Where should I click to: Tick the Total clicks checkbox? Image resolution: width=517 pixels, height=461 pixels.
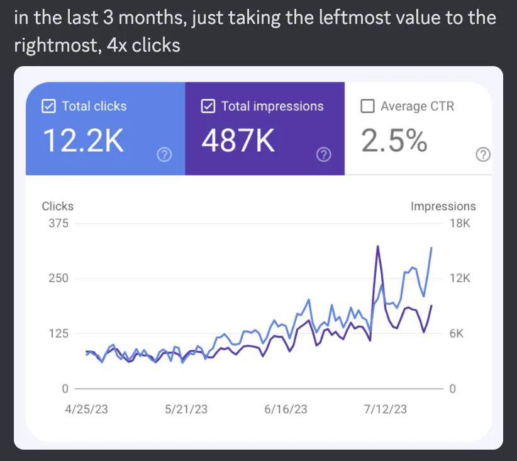point(48,106)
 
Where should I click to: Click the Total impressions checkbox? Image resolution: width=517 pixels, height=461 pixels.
point(208,106)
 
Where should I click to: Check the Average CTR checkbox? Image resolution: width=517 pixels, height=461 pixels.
point(368,106)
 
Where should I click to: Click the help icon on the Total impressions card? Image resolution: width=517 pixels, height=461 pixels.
point(324,154)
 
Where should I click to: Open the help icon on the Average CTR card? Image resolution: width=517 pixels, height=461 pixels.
point(483,154)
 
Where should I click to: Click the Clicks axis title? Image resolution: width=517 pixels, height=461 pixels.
point(57,206)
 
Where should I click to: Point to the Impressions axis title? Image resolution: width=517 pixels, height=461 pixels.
point(443,206)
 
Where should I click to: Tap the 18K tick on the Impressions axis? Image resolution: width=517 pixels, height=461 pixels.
point(460,223)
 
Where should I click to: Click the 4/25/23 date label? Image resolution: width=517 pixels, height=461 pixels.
point(87,409)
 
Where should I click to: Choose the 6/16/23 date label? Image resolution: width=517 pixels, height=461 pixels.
point(286,409)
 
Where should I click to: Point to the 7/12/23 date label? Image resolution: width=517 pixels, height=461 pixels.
point(385,409)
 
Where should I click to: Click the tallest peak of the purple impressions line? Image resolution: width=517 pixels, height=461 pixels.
point(377,246)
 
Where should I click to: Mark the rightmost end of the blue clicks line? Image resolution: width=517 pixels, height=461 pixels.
point(431,248)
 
